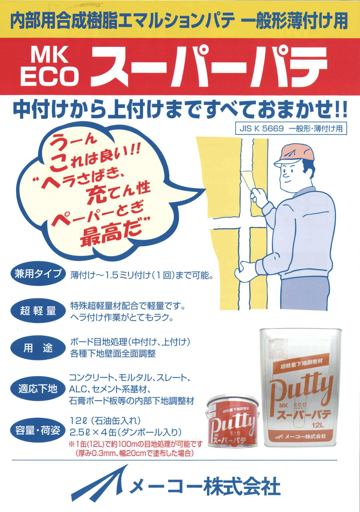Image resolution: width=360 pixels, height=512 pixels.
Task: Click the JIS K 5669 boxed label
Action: point(291,129)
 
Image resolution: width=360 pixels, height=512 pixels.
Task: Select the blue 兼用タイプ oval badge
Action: point(38,274)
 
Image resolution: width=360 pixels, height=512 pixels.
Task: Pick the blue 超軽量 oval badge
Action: point(38,310)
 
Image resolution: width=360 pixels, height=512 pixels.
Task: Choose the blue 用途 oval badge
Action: point(38,348)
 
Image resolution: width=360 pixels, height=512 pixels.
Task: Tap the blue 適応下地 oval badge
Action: point(38,389)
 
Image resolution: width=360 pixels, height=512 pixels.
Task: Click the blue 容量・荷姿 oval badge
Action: point(38,430)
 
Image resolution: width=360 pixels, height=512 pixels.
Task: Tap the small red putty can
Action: point(232,421)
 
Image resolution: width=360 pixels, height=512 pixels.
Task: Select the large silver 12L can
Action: point(300,389)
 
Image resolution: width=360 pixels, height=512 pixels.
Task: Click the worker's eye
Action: point(285,172)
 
